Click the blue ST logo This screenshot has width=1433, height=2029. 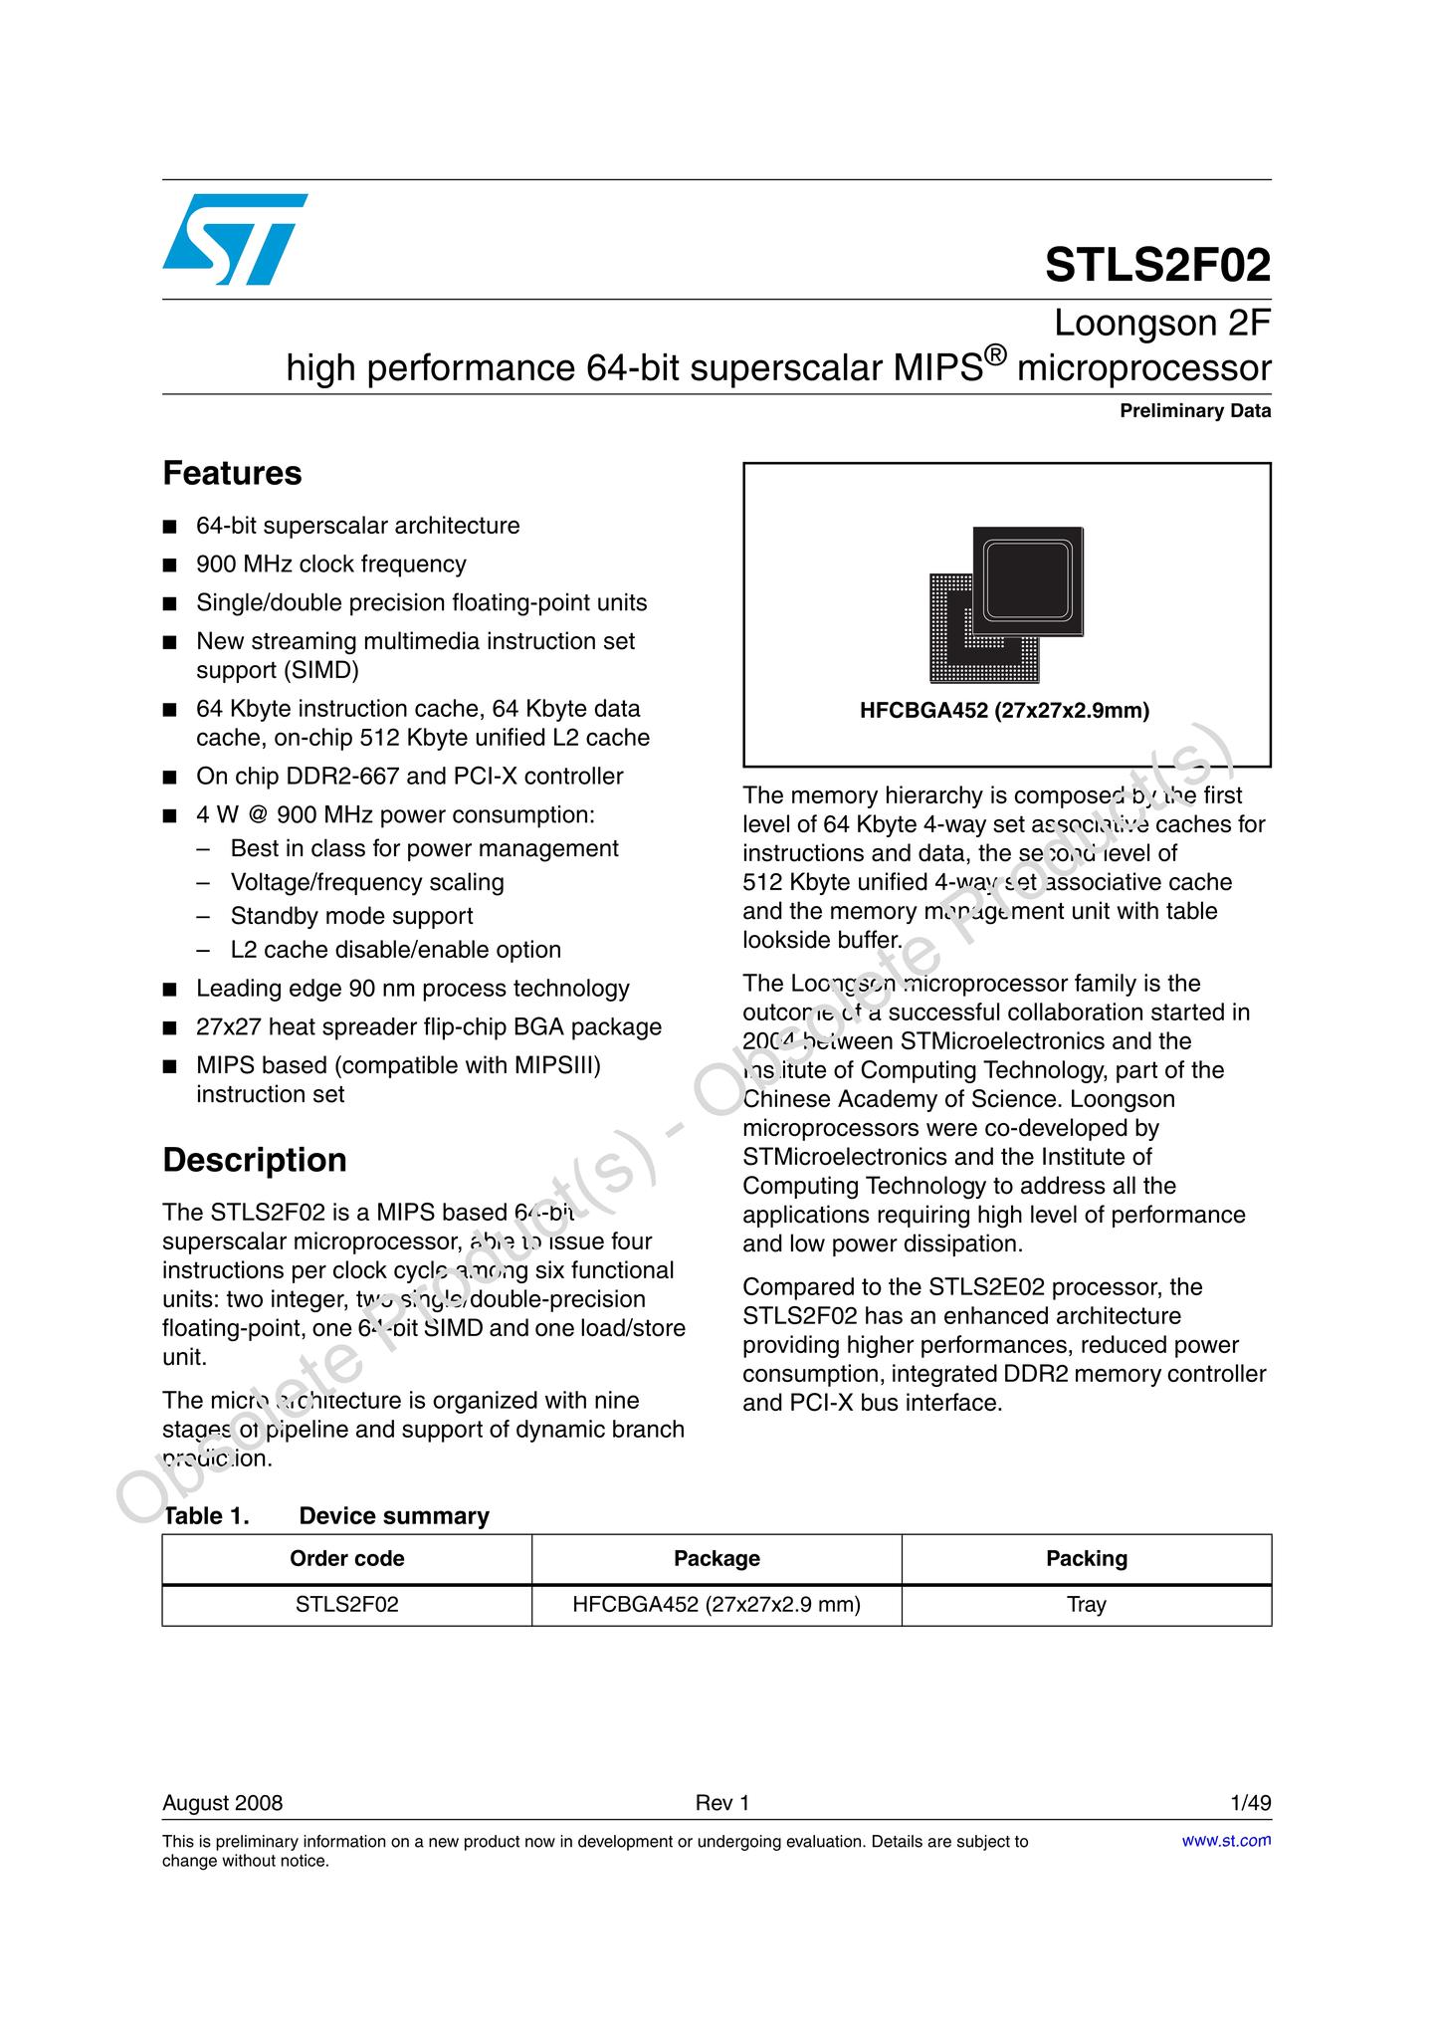pos(234,239)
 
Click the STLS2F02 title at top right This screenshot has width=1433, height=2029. pos(1157,266)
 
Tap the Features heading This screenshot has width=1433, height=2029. pos(232,473)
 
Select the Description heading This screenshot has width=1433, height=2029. pos(255,1160)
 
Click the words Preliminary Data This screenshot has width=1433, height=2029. pos(1195,411)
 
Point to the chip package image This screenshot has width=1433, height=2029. pos(1006,603)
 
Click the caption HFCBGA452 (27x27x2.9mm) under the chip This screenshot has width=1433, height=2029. pos(1004,711)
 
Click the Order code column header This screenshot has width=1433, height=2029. pos(346,1558)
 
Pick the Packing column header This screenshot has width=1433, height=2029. pos(1086,1558)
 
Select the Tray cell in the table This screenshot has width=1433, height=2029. pos(1086,1604)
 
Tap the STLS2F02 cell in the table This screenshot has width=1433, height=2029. pos(346,1604)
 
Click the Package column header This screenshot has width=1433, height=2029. pos(716,1558)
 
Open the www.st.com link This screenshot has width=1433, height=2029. pos(1226,1841)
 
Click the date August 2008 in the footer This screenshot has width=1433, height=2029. pos(223,1803)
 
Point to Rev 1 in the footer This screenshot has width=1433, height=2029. pos(722,1803)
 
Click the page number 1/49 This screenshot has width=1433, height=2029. pos(1251,1803)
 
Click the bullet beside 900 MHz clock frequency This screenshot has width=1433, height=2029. pos(170,565)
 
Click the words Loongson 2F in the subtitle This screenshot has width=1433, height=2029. pos(1161,324)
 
